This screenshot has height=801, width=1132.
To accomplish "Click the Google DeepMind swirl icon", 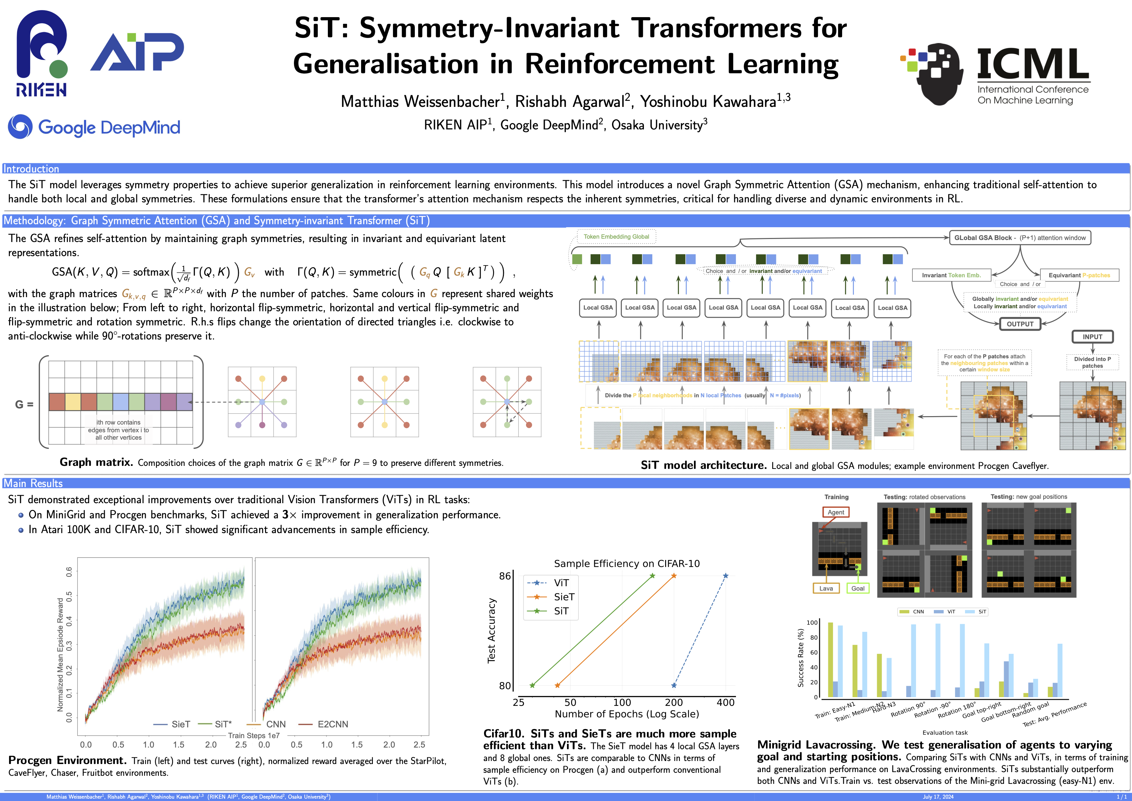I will (20, 127).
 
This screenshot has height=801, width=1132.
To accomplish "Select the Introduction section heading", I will (31, 169).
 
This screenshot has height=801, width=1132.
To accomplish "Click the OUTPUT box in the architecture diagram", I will (1019, 324).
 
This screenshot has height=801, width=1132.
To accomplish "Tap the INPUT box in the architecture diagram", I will (1092, 337).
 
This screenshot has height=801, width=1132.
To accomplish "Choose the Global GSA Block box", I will (1019, 238).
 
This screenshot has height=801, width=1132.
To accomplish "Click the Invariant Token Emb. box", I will (951, 275).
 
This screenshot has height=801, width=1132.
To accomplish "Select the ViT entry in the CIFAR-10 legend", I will (561, 583).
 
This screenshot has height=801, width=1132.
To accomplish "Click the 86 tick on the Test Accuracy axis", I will (505, 576).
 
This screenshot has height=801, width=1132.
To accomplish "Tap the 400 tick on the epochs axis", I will (725, 703).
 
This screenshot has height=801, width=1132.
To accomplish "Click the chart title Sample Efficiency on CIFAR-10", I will (626, 563).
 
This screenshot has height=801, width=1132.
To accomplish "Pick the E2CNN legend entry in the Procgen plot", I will (332, 724).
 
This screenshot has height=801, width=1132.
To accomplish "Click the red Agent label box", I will (836, 512).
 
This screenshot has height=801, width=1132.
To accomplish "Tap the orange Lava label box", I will (826, 589).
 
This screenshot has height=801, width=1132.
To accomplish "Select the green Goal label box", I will (858, 589).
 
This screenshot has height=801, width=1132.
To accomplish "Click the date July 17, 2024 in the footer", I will (938, 797).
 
